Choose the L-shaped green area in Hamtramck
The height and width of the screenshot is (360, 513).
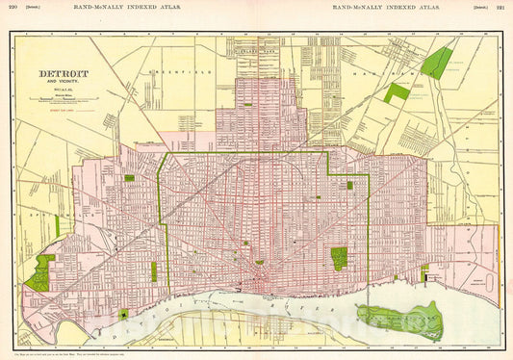(396, 92)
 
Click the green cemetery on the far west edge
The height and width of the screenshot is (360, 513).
(39, 274)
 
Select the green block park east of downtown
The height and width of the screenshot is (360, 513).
(339, 258)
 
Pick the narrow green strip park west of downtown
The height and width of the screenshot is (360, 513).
(153, 271)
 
